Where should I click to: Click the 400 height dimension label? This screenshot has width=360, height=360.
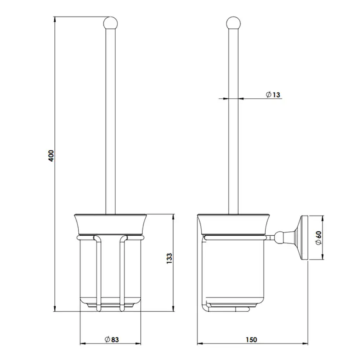(x=51, y=156)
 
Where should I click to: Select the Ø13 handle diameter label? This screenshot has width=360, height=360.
(x=273, y=94)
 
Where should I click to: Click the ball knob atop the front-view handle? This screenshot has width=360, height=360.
(x=111, y=22)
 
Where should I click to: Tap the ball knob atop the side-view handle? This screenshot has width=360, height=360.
(x=233, y=22)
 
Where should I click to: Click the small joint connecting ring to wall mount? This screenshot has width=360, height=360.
(x=273, y=237)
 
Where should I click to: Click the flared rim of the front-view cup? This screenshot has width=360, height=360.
(x=111, y=224)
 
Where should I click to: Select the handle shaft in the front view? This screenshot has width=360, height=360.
(x=111, y=122)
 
